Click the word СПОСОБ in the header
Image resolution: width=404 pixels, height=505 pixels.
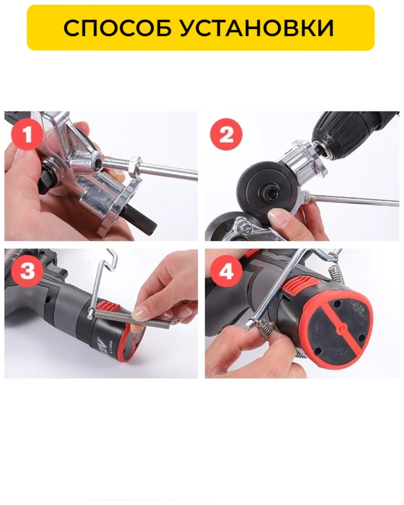pos(118,28)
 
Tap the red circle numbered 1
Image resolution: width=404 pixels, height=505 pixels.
pos(27,134)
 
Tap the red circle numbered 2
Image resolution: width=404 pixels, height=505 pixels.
pos(226,134)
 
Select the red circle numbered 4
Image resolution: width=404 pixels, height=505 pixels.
pos(226,272)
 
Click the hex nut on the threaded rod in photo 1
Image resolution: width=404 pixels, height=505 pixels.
pos(135,165)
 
